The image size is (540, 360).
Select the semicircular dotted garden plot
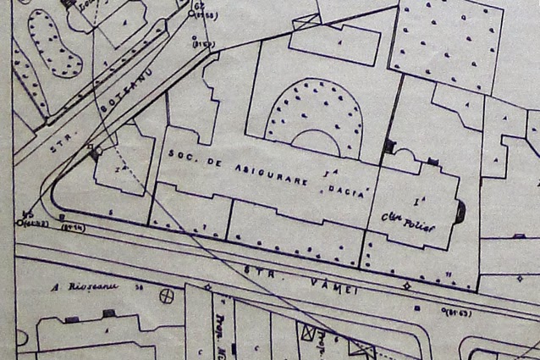pos(313,116)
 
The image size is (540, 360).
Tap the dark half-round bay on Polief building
pos(460,212)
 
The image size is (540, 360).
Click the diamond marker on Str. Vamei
pos(407,285)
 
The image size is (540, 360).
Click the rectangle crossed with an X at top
pos(310,332)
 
